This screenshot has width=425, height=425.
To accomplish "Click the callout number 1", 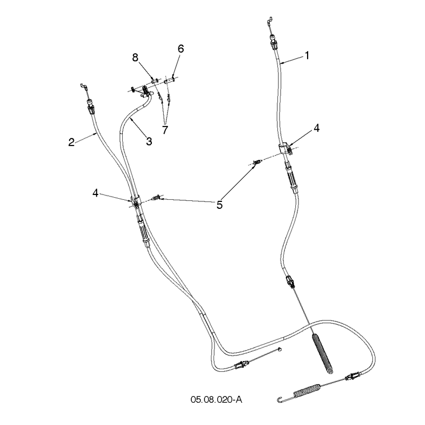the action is pos(307,56).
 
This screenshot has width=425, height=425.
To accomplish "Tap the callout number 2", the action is pos(71,142).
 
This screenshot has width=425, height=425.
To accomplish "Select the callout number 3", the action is pos(149,141).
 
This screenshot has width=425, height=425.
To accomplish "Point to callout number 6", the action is pos(181,49).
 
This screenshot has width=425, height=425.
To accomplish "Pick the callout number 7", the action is pos(165,130).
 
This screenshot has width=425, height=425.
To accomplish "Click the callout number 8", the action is pos(135,57).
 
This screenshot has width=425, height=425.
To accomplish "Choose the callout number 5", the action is pos(219,205).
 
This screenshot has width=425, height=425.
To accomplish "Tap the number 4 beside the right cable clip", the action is pos(317,128).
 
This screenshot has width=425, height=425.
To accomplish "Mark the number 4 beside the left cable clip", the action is pos(95,193).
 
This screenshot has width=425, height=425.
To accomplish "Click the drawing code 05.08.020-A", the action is pos(216,399).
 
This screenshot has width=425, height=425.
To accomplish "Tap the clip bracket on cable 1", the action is pos(286,149).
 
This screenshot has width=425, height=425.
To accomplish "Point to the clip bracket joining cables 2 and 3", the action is pos(135,201).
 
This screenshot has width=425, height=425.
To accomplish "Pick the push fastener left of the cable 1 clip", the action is pos(258,162).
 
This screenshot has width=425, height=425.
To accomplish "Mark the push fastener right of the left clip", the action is pos(157,197).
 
